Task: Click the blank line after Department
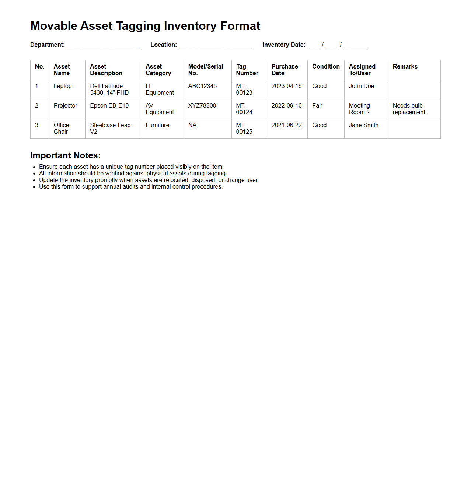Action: (102, 45)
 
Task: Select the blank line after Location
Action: (214, 45)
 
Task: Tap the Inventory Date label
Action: (284, 45)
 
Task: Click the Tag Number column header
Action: (247, 70)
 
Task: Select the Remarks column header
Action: (405, 67)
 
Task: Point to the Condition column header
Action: (326, 67)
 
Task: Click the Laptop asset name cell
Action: (63, 86)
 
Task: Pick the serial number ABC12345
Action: (202, 86)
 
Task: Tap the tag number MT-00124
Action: (244, 109)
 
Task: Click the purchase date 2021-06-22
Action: (286, 125)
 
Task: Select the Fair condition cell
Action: (317, 106)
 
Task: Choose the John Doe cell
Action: (361, 86)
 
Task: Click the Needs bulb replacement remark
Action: (409, 109)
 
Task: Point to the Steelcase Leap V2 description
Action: (110, 129)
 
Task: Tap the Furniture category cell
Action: (157, 125)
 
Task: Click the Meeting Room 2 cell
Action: (359, 109)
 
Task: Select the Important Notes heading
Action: (66, 155)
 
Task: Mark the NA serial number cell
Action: (192, 125)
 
